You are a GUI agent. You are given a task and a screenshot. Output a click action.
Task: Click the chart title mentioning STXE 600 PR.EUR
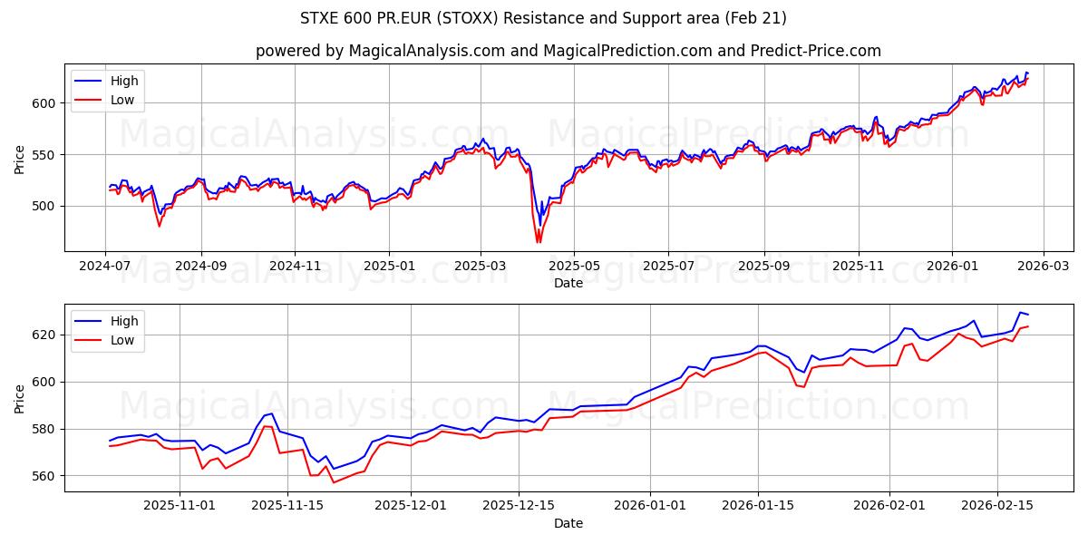point(543,18)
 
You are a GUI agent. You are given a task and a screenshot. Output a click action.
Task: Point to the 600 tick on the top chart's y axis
point(44,103)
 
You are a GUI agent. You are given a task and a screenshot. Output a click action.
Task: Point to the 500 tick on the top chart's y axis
point(44,206)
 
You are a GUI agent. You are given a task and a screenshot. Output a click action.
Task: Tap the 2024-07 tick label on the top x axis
point(106,267)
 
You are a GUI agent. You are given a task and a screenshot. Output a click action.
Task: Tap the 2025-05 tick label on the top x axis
point(575,267)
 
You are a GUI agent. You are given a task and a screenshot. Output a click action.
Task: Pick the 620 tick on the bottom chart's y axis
point(44,335)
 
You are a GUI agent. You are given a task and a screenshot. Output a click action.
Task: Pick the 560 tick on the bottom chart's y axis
point(44,475)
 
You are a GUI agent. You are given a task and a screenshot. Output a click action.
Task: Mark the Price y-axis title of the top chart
point(20,160)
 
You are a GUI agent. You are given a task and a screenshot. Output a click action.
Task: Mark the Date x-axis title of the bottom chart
point(568,523)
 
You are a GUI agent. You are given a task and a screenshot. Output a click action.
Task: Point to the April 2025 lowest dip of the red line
point(538,242)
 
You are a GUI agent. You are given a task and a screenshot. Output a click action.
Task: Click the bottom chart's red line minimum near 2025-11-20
point(333,482)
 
